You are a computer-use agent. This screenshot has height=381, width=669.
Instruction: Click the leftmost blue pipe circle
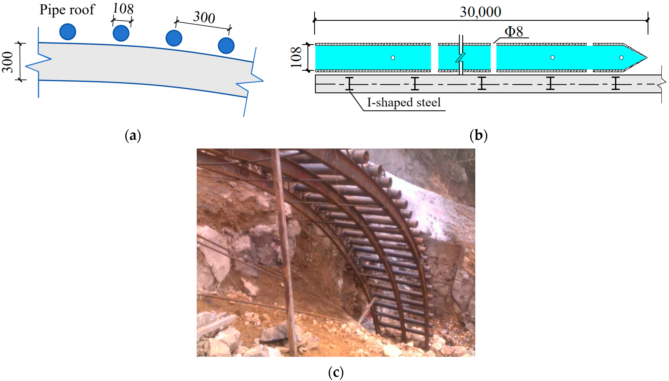click(x=68, y=32)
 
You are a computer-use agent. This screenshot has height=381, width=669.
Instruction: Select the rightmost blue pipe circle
click(x=226, y=46)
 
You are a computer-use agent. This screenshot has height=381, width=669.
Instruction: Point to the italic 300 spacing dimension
click(x=204, y=17)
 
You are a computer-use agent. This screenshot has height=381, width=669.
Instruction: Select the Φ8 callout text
click(x=514, y=32)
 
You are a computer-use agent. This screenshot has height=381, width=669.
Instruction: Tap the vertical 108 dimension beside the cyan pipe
click(x=296, y=57)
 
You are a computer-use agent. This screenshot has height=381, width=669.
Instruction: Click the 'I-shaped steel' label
click(x=404, y=102)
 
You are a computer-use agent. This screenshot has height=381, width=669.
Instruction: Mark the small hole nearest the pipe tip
click(x=621, y=58)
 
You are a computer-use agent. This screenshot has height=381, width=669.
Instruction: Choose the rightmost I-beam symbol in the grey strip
click(x=616, y=83)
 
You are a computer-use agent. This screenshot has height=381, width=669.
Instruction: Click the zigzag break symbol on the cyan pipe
click(x=461, y=58)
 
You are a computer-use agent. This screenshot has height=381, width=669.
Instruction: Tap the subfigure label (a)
click(x=133, y=135)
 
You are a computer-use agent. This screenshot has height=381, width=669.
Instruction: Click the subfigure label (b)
click(x=478, y=135)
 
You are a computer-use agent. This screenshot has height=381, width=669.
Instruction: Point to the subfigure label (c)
click(x=336, y=372)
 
